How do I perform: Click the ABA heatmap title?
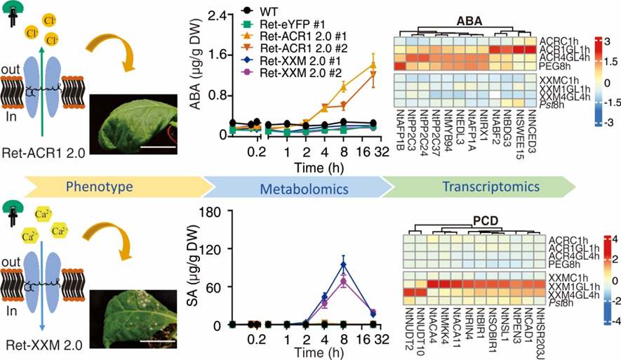(x=469, y=22)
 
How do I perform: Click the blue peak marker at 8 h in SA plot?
(x=343, y=265)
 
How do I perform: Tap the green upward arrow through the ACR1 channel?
(x=44, y=77)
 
